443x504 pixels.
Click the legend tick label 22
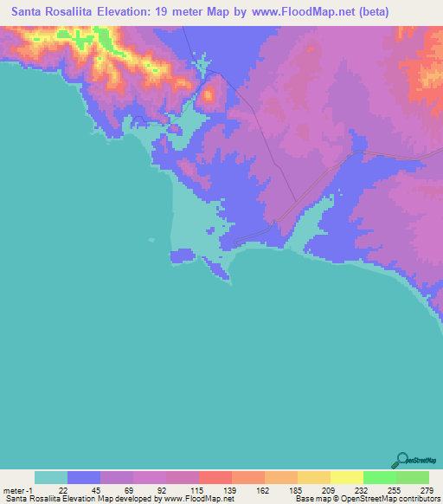pos(63,490)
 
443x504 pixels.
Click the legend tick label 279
pos(426,490)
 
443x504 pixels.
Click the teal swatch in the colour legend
pos(51,477)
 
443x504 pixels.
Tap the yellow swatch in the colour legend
pos(346,477)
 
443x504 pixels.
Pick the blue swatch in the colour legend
pos(84,477)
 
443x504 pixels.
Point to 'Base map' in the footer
pos(310,499)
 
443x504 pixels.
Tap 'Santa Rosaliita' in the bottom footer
pos(30,499)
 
